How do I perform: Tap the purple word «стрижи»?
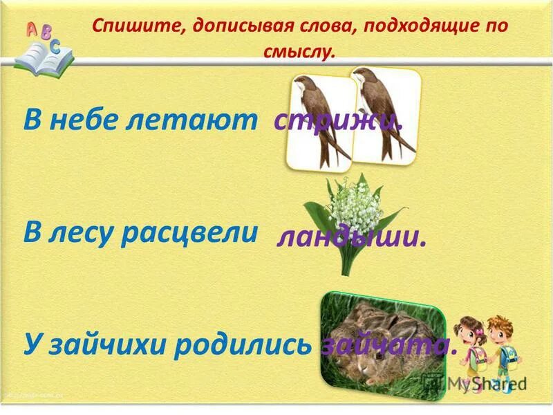pos(338,121)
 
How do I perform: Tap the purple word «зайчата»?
pos(389,344)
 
